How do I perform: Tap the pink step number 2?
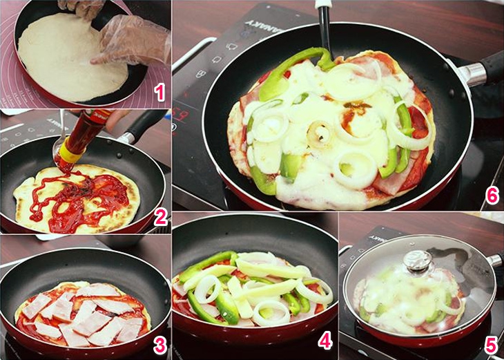[159, 218]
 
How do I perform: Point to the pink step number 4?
[325, 341]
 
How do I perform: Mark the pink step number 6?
[491, 196]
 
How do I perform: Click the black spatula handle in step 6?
[324, 28]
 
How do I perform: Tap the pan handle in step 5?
[494, 260]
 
